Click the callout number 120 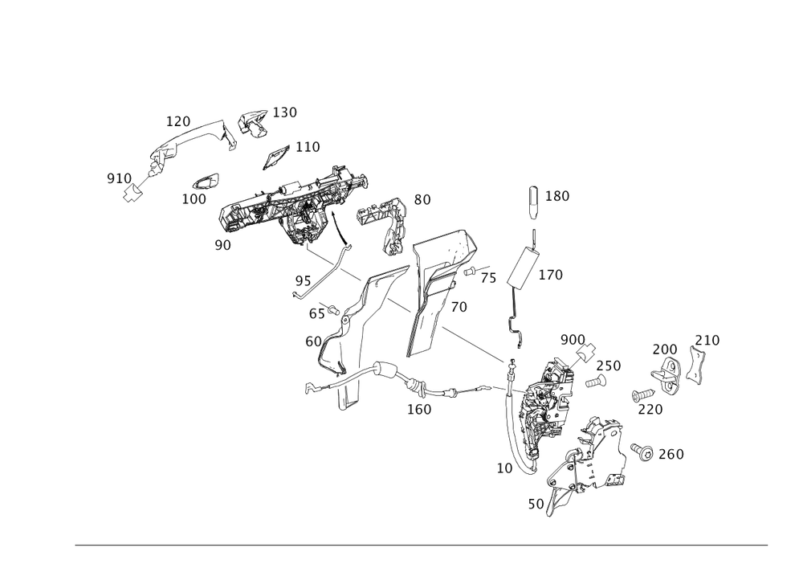point(178,121)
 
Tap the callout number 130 point(285,112)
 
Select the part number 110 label point(308,146)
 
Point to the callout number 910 point(120,177)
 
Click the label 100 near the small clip point(194,198)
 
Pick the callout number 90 point(222,244)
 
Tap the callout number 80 point(422,198)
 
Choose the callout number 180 point(558,196)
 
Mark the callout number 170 point(550,275)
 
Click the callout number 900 point(573,339)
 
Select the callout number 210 point(707,340)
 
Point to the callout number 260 point(671,455)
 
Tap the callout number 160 point(420,408)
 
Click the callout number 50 point(536,503)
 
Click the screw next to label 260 point(642,452)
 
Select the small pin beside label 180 point(533,201)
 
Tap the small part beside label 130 point(253,122)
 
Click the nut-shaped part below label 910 point(133,192)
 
